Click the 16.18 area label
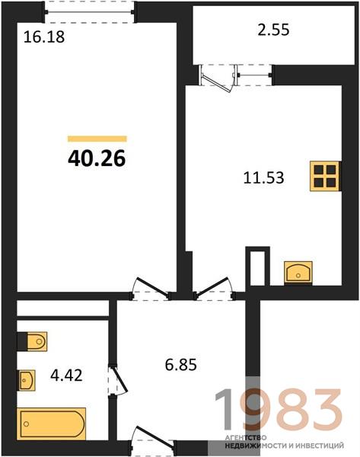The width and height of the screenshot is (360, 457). pyautogui.click(x=44, y=37)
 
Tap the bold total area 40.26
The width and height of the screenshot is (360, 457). pyautogui.click(x=97, y=158)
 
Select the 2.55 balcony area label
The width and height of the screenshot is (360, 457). pyautogui.click(x=273, y=30)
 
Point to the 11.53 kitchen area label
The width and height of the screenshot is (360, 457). pyautogui.click(x=263, y=177)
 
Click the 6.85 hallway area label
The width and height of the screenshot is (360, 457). pyautogui.click(x=181, y=365)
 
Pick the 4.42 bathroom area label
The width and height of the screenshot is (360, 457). pyautogui.click(x=66, y=376)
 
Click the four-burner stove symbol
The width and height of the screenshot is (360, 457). pyautogui.click(x=325, y=176)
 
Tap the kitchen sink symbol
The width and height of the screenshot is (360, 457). pyautogui.click(x=298, y=273)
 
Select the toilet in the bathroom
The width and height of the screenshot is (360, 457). pyautogui.click(x=32, y=341)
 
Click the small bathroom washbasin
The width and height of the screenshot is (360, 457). pyautogui.click(x=27, y=380)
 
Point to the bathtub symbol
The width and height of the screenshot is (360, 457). pyautogui.click(x=52, y=423)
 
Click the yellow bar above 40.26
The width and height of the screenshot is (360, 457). pyautogui.click(x=97, y=139)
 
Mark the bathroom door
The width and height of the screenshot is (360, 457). pyautogui.click(x=118, y=380)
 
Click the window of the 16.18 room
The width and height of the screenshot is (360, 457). pyautogui.click(x=89, y=12)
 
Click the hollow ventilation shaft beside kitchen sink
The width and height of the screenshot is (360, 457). pyautogui.click(x=258, y=266)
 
